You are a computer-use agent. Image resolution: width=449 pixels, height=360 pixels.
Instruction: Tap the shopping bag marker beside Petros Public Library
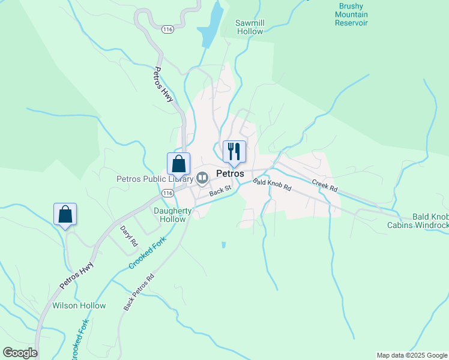click(x=178, y=164)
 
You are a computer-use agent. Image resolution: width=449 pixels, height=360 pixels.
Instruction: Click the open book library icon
click(x=203, y=178)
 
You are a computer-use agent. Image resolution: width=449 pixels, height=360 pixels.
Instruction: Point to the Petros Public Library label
click(x=154, y=178)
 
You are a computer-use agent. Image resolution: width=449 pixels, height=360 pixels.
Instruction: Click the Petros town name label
click(x=230, y=173)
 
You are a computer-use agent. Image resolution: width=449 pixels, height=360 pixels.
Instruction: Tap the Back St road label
click(x=220, y=191)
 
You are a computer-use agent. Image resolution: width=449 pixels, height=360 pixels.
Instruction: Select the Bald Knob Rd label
click(x=271, y=184)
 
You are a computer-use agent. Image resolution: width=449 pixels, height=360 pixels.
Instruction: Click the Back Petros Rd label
click(x=139, y=292)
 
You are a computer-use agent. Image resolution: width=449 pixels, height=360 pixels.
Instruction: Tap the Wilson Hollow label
click(x=79, y=305)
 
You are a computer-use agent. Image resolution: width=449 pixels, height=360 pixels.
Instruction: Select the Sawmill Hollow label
click(x=250, y=27)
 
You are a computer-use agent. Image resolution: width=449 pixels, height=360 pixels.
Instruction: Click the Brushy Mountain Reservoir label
click(x=351, y=14)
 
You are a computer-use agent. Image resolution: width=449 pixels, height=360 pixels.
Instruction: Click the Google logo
click(x=20, y=353)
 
